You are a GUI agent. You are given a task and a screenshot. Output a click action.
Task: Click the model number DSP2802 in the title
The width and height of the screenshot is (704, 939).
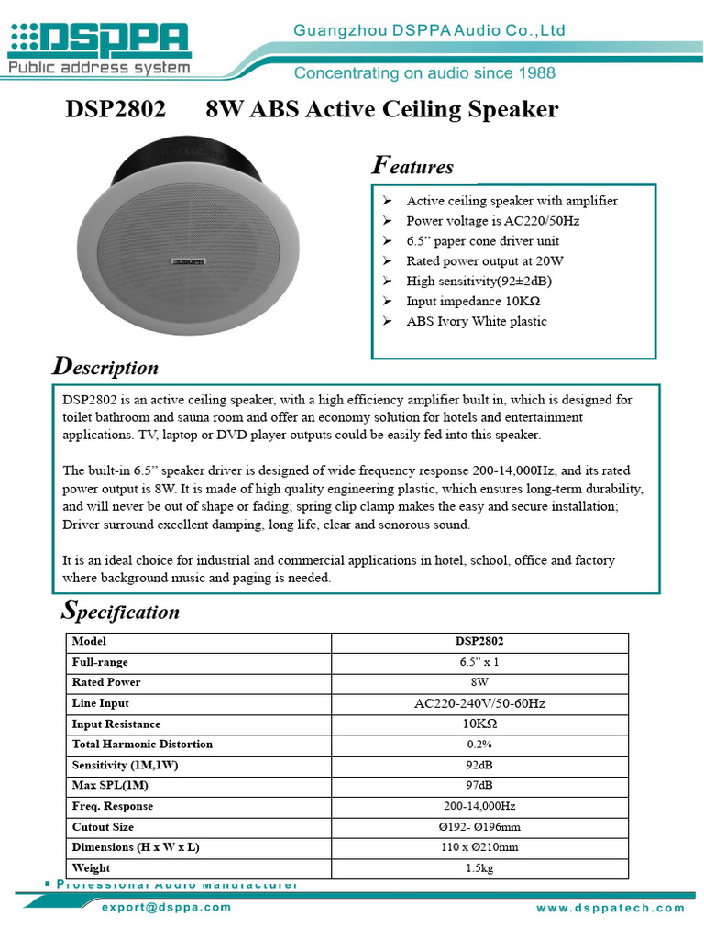[115, 110]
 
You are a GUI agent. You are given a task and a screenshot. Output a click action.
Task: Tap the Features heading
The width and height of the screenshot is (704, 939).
[412, 166]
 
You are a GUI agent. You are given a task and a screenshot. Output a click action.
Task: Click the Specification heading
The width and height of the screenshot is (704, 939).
[120, 611]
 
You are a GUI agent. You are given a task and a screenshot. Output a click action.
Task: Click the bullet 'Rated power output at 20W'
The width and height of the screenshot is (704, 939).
[485, 261]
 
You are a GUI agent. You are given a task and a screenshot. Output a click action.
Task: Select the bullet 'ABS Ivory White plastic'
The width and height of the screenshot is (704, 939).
[477, 322]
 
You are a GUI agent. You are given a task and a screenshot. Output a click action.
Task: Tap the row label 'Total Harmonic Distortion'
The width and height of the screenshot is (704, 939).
[142, 745]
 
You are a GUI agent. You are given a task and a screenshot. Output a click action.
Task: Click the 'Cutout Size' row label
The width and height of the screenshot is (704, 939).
[104, 827]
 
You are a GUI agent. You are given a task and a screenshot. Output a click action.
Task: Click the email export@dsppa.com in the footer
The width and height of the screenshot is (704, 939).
[167, 907]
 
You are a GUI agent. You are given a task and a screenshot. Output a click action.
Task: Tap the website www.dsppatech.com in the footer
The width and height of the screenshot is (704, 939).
[610, 908]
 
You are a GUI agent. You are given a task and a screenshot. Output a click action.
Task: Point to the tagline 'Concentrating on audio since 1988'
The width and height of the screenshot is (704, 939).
[424, 72]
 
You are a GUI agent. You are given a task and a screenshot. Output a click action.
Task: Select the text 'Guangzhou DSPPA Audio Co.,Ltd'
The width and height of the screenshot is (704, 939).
[429, 31]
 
